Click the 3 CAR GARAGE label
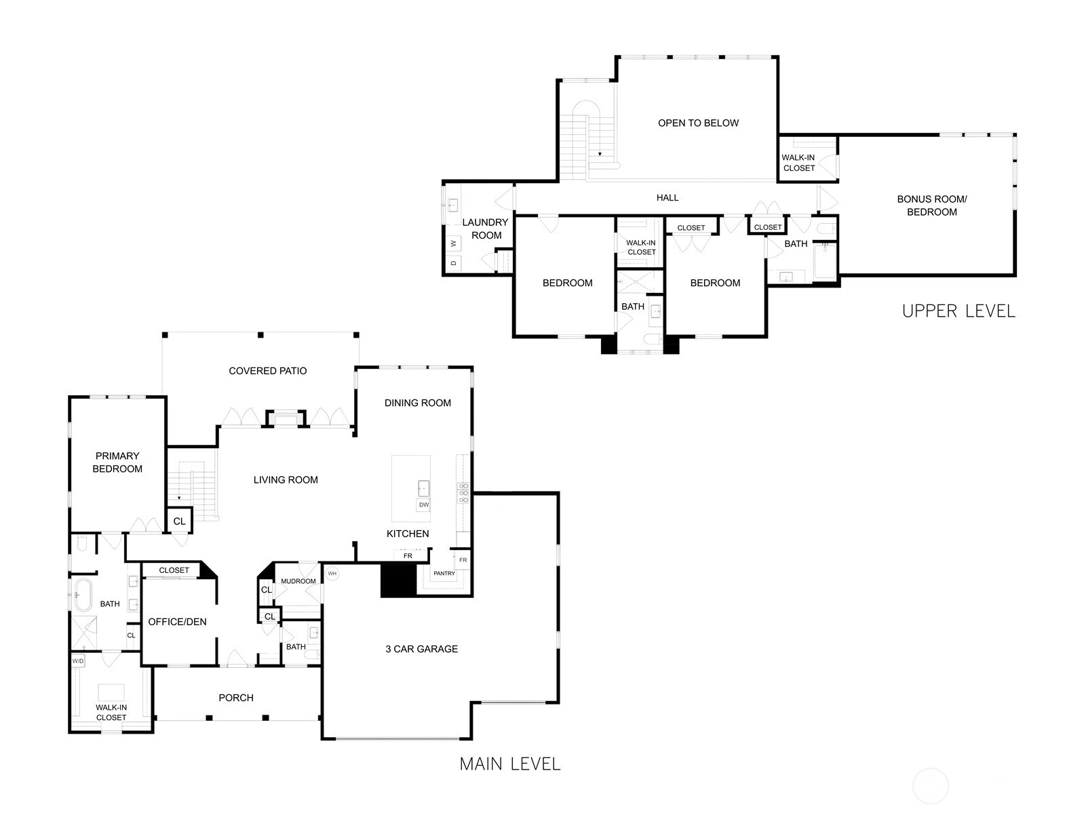pos(421,649)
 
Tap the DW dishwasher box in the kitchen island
pos(423,505)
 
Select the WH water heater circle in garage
pos(332,574)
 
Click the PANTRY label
pos(444,574)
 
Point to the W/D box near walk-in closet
pos(78,660)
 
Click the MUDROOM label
pos(298,581)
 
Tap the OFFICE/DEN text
pos(177,622)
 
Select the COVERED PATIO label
pos(267,371)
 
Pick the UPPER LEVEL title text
pos(958,311)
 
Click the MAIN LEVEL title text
pos(510,764)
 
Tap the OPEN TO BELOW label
pos(698,123)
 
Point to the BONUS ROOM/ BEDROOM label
pos(931,205)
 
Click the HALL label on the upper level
pos(667,198)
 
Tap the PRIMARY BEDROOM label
pos(117,462)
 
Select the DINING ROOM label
pos(417,403)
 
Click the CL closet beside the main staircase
pos(179,521)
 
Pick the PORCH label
pos(236,698)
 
